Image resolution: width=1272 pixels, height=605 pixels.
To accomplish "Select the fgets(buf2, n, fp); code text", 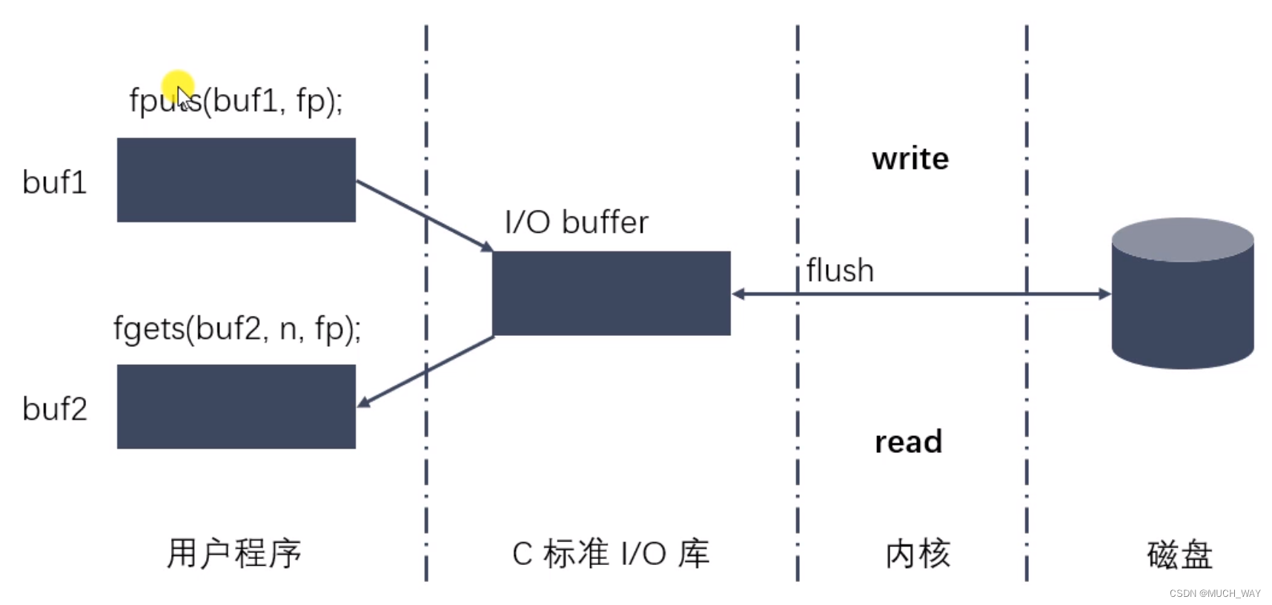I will (x=237, y=328).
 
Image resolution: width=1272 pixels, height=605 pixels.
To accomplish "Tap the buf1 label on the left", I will (x=55, y=182).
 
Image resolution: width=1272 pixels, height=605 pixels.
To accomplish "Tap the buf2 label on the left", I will (x=55, y=409).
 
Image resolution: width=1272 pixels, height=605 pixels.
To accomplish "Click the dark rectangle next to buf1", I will (x=236, y=180).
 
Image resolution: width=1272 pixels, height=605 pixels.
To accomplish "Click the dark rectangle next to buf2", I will (x=236, y=406).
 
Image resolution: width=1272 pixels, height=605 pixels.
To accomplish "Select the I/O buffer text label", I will (x=576, y=222).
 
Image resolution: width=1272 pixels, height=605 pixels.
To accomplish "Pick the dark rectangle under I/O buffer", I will (x=611, y=294).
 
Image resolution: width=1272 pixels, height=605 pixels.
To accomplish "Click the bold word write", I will (x=910, y=159).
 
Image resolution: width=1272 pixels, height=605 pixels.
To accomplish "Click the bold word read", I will (x=908, y=442).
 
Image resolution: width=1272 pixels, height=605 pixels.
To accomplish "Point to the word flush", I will (x=840, y=271).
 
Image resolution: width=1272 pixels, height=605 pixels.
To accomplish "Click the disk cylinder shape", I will (x=1182, y=311).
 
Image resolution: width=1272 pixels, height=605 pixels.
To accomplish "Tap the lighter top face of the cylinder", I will (x=1182, y=239).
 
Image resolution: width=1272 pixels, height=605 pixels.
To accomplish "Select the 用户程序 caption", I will (x=234, y=554).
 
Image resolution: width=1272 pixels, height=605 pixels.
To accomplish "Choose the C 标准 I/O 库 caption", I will (x=611, y=554).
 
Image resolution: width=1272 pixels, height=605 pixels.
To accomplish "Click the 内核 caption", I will (x=918, y=554).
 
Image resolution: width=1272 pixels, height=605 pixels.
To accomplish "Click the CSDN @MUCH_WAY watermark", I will (x=1215, y=594).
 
